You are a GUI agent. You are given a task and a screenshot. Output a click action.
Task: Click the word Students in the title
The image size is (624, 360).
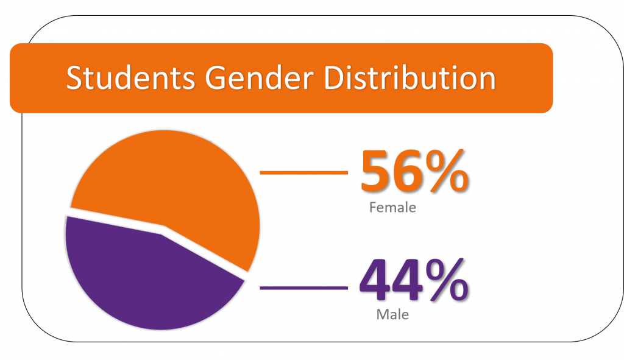130,77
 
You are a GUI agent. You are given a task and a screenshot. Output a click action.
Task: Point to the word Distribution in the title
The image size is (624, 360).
409,77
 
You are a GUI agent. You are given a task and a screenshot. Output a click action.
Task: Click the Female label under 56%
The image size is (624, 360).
392,207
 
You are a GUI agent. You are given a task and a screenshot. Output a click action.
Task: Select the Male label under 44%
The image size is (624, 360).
392,314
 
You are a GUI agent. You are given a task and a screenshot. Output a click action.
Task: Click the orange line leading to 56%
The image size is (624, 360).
303,172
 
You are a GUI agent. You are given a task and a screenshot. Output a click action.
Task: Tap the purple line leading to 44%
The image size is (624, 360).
303,288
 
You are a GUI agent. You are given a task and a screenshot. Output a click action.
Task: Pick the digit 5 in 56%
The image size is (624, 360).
375,171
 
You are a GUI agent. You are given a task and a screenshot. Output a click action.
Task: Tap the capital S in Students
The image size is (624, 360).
74,77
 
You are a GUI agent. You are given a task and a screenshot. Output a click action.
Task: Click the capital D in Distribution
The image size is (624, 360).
335,77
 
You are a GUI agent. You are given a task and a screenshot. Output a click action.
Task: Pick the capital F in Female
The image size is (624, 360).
373,207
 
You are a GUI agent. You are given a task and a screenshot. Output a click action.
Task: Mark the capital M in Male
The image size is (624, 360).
382,314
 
